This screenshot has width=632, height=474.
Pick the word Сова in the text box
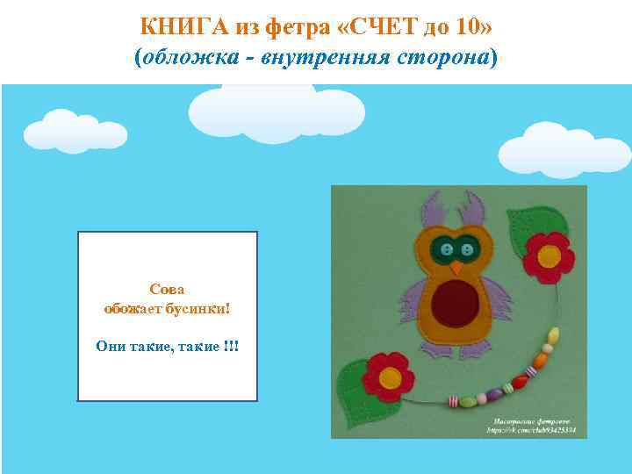(x=168, y=289)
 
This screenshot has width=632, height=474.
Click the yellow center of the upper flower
(x=549, y=256)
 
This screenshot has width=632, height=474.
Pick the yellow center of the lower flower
(x=390, y=378)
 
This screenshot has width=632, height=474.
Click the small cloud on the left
(x=74, y=132)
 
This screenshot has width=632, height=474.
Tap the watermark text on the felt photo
(x=535, y=427)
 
